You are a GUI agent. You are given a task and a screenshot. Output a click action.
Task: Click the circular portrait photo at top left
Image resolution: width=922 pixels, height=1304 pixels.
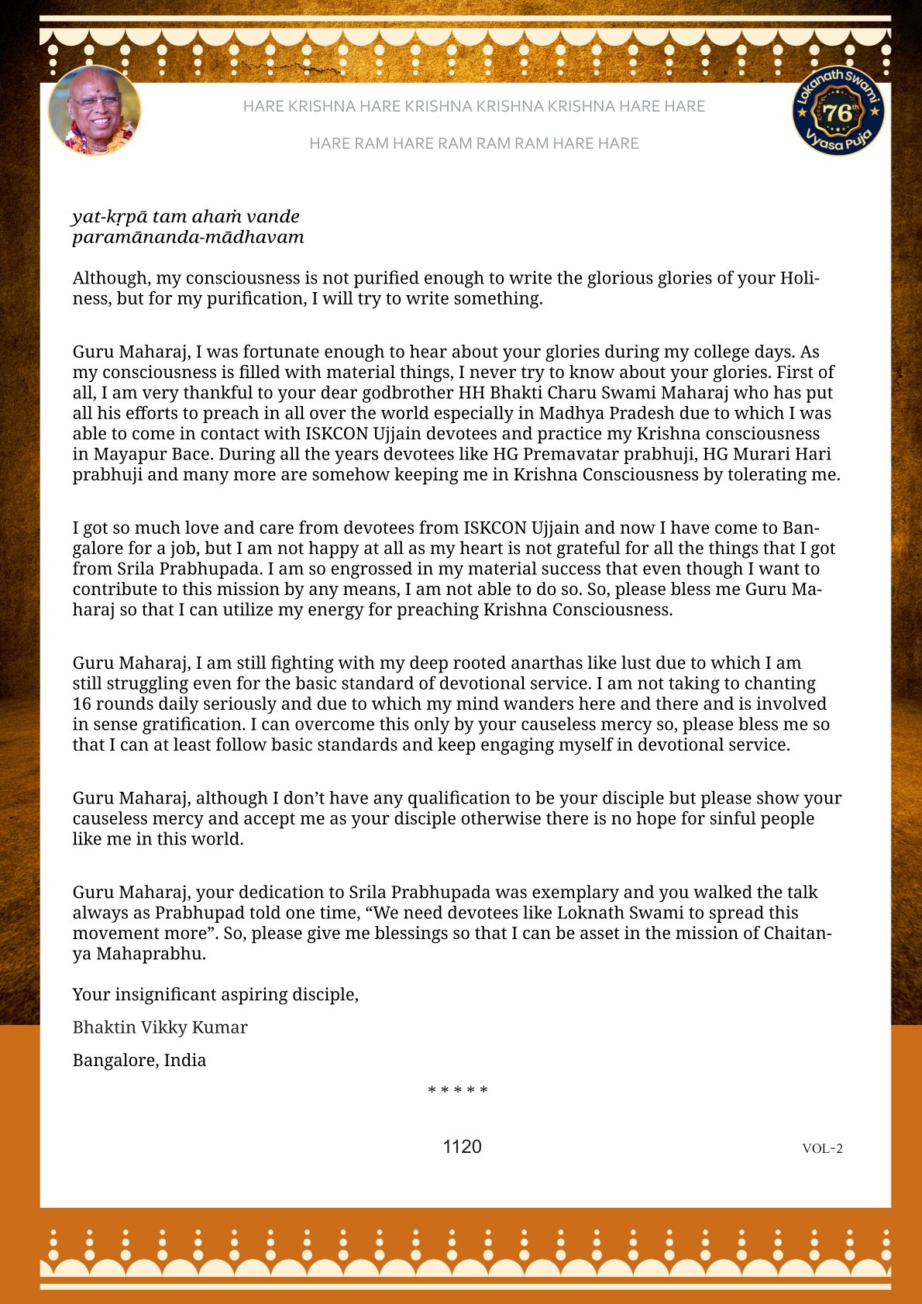point(95,110)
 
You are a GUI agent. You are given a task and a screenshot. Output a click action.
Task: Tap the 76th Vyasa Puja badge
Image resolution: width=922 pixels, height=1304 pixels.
point(838,111)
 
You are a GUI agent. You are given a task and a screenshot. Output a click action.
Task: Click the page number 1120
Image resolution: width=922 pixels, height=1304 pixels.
point(462,1147)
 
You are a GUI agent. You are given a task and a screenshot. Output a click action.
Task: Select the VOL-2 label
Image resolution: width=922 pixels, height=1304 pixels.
point(822,1148)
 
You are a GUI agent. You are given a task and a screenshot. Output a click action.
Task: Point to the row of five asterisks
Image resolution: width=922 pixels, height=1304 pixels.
point(458,1091)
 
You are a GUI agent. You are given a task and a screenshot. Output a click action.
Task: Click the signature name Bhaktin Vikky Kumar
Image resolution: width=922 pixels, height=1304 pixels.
point(160,1027)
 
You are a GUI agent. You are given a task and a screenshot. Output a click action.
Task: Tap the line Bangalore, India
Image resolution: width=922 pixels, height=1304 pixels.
point(139,1060)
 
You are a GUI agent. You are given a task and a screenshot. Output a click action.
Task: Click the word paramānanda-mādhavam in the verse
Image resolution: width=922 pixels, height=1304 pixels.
point(188,237)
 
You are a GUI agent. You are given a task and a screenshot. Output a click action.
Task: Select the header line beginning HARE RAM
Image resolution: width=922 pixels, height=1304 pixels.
point(473,143)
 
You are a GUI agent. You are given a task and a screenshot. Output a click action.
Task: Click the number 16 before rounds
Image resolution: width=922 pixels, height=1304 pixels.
point(82,704)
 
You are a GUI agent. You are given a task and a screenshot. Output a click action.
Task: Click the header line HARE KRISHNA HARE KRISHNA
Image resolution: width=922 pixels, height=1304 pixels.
point(473,106)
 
